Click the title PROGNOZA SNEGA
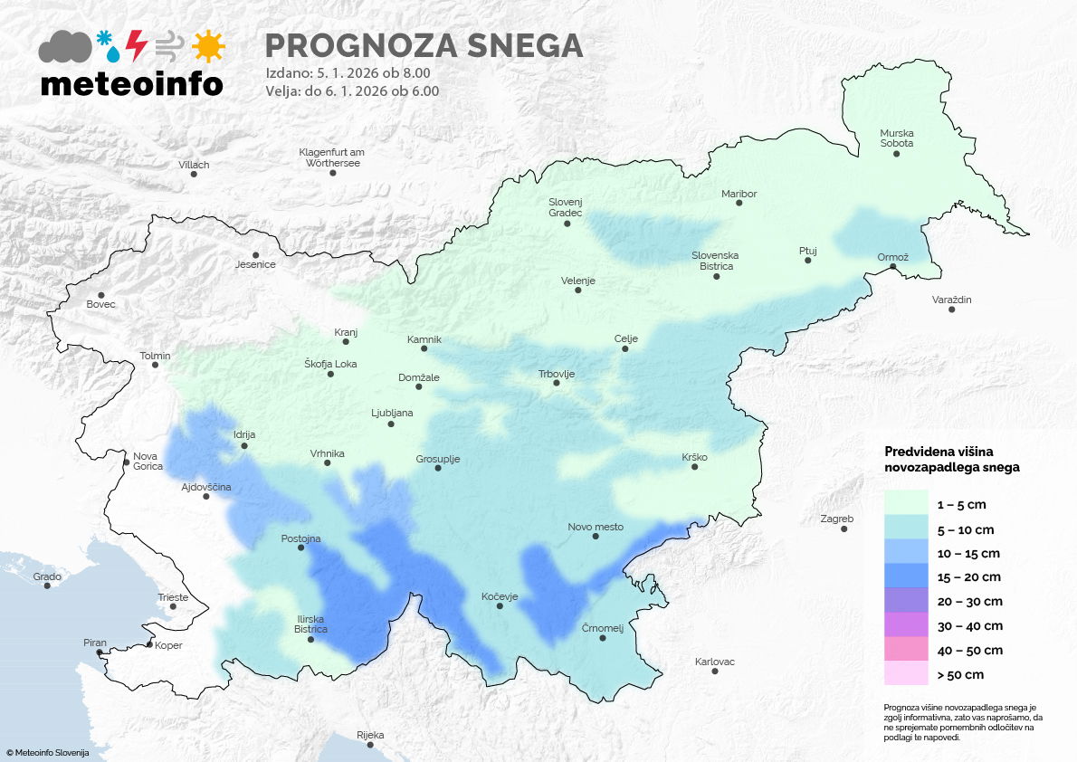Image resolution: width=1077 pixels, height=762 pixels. click(x=423, y=45)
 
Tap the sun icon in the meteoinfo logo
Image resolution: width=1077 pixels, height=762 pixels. click(x=208, y=45)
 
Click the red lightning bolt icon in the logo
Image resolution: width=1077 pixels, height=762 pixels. click(x=136, y=45)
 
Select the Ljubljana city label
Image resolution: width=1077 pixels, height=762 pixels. click(x=392, y=414)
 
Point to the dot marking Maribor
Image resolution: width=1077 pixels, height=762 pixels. click(x=739, y=204)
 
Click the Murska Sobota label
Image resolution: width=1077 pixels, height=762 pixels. click(x=896, y=138)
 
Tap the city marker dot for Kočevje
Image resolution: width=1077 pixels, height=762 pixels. click(x=500, y=606)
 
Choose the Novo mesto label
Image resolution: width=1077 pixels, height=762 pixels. click(x=595, y=527)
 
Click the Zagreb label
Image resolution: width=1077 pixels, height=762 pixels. click(x=836, y=519)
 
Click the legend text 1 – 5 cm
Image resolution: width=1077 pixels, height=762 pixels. click(x=962, y=504)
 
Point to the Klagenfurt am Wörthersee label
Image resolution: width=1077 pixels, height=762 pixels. click(x=332, y=157)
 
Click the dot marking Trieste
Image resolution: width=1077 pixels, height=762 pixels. click(x=172, y=608)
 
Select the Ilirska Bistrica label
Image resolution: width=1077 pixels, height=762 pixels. click(x=310, y=624)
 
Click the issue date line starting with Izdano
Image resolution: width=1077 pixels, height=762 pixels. click(x=348, y=72)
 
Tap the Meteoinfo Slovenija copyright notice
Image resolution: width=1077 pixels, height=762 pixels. click(x=47, y=752)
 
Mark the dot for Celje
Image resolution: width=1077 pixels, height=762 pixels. click(x=625, y=349)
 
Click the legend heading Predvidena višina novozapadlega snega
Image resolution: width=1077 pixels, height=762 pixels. click(x=951, y=459)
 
